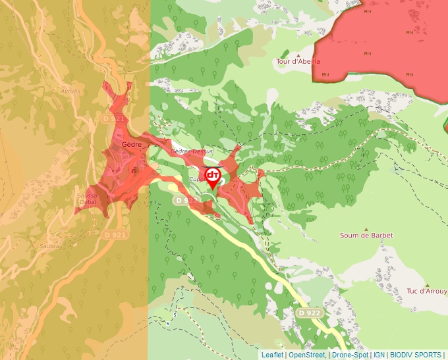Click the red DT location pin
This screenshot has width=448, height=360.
[x=213, y=176]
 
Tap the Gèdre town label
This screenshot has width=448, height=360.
[x=132, y=144]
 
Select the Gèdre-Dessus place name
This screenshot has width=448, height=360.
[x=191, y=151]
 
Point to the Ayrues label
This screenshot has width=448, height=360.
[x=70, y=91]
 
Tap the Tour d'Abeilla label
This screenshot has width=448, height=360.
[x=298, y=61]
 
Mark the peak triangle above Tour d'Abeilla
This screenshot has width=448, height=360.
[x=298, y=54]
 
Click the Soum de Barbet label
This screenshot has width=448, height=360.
[x=366, y=235]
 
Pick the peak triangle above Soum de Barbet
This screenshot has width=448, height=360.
[x=366, y=227]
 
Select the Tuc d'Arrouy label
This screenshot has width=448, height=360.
[x=426, y=291]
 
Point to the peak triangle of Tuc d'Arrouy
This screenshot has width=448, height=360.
[x=427, y=284]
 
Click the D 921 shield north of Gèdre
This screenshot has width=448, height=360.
[x=114, y=118]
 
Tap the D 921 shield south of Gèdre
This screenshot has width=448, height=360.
[x=115, y=234]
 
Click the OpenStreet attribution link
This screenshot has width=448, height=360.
[x=308, y=355]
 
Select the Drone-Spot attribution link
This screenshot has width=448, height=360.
[x=350, y=355]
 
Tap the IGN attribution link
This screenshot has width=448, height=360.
[x=379, y=355]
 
